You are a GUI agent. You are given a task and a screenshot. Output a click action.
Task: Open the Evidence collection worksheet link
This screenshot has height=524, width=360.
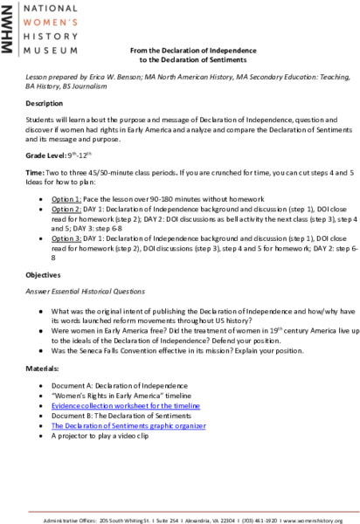pyautogui.click(x=125, y=406)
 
